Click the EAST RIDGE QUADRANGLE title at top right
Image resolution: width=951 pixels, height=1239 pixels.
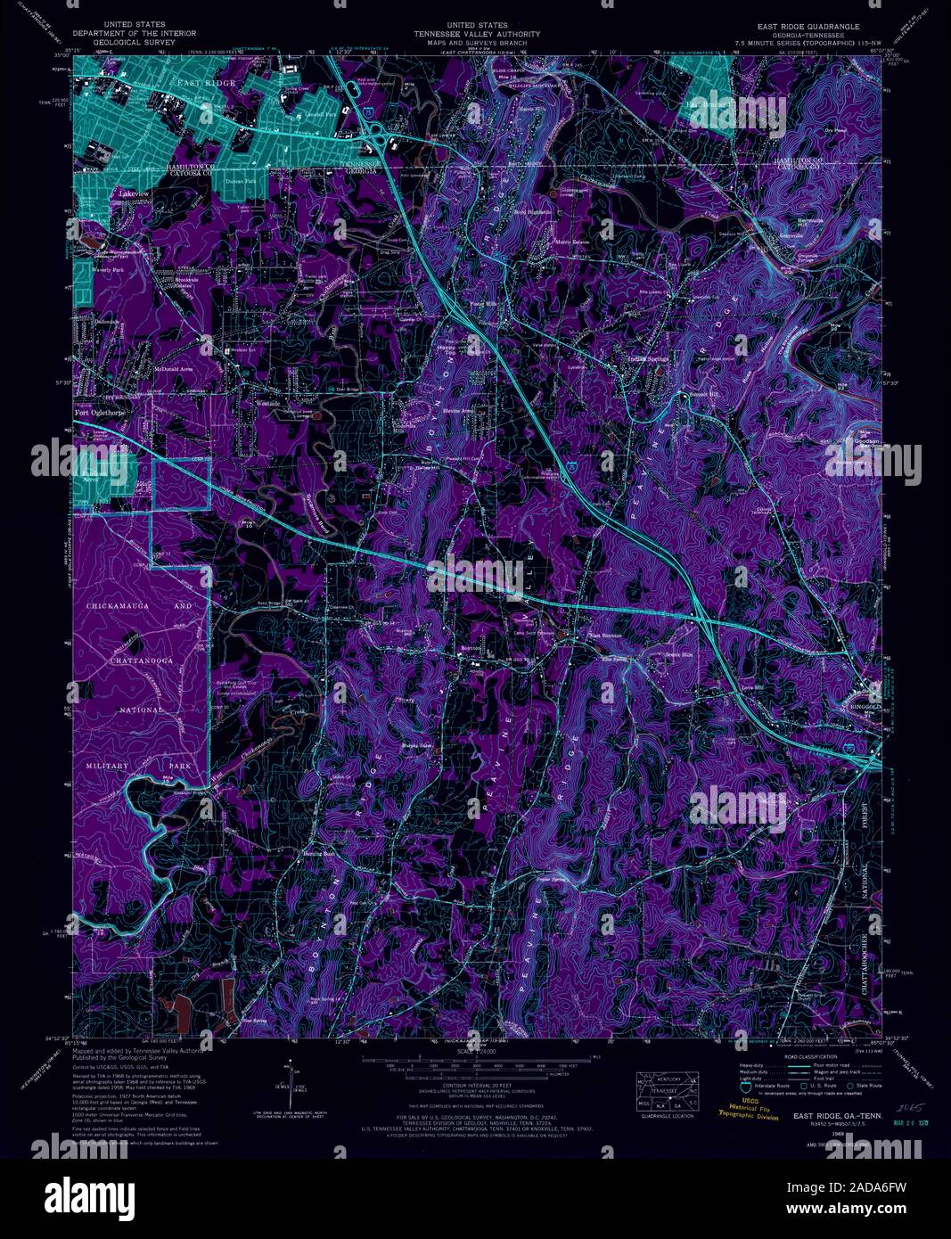pyautogui.click(x=808, y=26)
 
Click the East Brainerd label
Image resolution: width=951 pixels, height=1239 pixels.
pyautogui.click(x=709, y=103)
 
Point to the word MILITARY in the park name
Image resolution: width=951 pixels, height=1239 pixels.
pyautogui.click(x=107, y=766)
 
